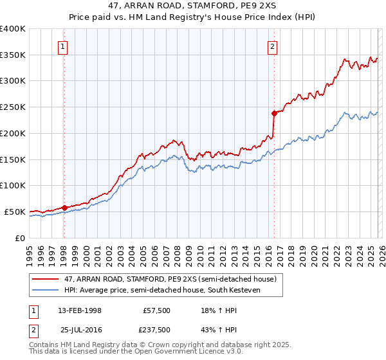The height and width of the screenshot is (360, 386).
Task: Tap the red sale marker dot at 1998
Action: tap(64, 208)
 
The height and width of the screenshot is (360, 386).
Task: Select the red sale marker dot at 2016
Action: tap(273, 113)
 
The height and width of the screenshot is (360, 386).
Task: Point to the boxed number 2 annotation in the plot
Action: tap(273, 46)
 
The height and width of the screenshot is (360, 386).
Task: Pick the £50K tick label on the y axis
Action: tap(15, 212)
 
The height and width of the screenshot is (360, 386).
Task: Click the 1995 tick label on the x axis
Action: tap(30, 251)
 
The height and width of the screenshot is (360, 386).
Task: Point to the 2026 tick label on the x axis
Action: tap(380, 251)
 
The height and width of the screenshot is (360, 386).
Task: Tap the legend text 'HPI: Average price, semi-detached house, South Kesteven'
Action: tap(172, 291)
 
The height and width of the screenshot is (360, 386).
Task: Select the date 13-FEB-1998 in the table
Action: tap(80, 310)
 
